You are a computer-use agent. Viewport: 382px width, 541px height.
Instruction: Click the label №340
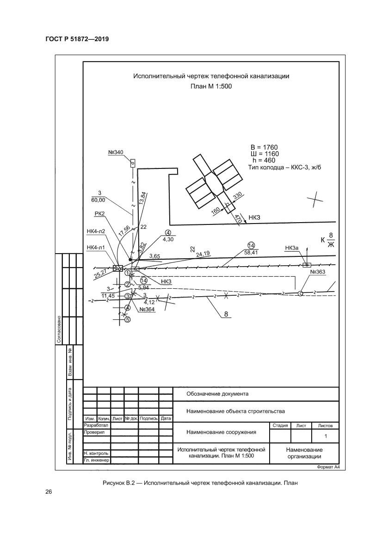tap(116, 153)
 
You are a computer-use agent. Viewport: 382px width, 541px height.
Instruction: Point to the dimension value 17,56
tap(124, 230)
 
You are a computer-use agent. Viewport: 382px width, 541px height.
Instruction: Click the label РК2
tap(99, 214)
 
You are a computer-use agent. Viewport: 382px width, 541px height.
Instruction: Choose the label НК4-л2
tap(96, 231)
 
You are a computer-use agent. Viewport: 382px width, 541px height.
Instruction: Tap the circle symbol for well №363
tap(300, 293)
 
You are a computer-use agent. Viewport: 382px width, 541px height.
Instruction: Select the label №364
tap(147, 310)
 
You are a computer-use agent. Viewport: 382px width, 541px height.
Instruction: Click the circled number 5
tap(128, 319)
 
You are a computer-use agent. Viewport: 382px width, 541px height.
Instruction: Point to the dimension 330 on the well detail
tap(237, 197)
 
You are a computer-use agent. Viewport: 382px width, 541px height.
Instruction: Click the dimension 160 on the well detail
tap(216, 211)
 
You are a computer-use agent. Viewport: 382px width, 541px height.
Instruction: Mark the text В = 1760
tap(264, 148)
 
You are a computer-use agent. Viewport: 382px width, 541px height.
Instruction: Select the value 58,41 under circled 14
tap(251, 252)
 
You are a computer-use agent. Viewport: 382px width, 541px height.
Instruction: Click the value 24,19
tap(203, 254)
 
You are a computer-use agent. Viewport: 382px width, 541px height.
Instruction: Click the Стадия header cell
tap(280, 425)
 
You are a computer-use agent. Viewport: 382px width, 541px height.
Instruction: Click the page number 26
tap(49, 492)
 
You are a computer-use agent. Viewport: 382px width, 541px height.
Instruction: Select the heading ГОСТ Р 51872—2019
tap(77, 39)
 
